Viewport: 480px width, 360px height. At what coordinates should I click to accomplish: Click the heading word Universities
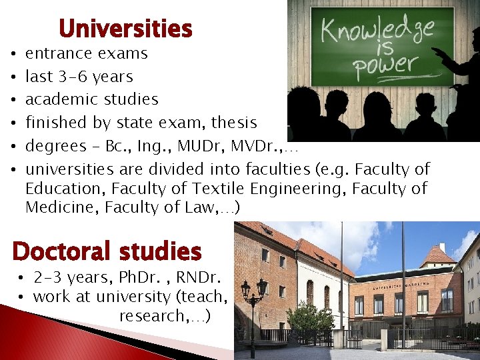coord(125,29)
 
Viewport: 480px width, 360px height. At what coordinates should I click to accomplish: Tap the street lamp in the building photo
coord(253,293)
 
